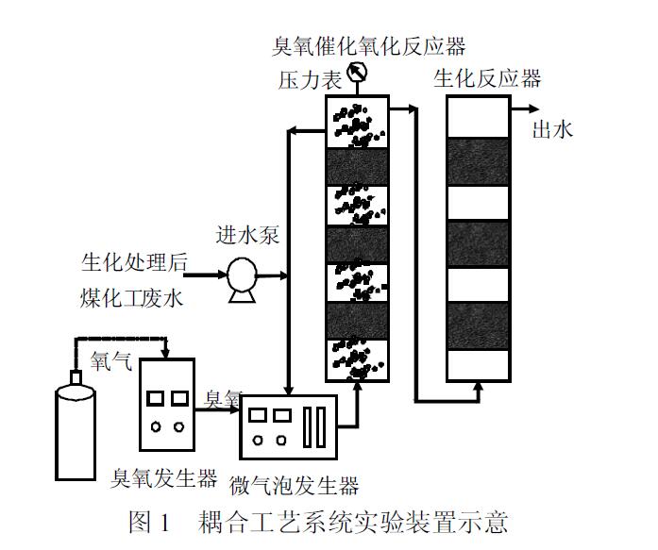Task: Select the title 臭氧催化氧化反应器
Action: [x=369, y=45]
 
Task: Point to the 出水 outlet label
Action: [x=553, y=129]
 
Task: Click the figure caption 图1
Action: [x=148, y=520]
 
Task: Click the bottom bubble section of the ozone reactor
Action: [x=358, y=360]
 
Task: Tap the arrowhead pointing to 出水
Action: [x=522, y=109]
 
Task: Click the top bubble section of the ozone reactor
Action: [x=358, y=123]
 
